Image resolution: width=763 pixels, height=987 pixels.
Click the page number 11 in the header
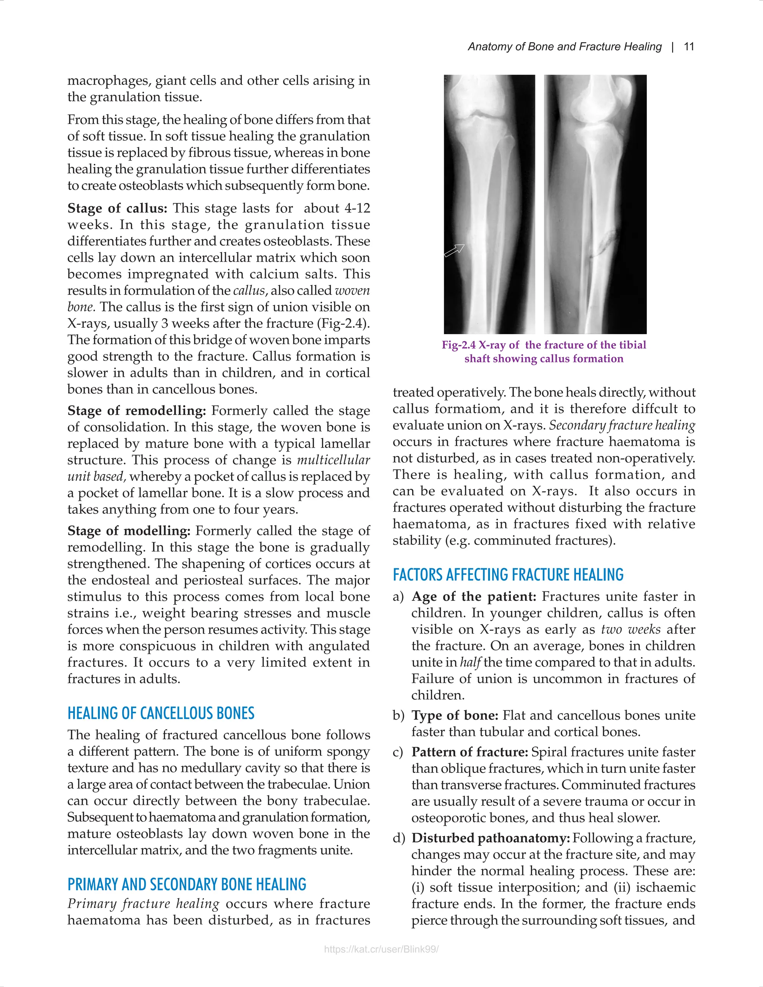689,47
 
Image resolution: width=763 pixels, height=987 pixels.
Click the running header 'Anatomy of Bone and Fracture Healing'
564,47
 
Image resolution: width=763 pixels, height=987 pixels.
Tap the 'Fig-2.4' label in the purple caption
458,345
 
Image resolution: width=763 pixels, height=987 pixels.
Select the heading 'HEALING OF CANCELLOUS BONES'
161,713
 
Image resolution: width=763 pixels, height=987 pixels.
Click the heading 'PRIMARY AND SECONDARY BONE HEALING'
187,885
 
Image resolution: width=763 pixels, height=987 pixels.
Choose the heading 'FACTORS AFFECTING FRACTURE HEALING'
508,574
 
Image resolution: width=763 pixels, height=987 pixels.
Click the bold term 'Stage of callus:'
117,208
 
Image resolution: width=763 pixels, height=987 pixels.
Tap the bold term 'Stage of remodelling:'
136,411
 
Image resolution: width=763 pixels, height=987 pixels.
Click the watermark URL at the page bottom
381,949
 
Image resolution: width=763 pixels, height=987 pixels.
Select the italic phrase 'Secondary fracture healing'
621,425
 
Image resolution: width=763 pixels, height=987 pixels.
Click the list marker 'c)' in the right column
398,752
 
